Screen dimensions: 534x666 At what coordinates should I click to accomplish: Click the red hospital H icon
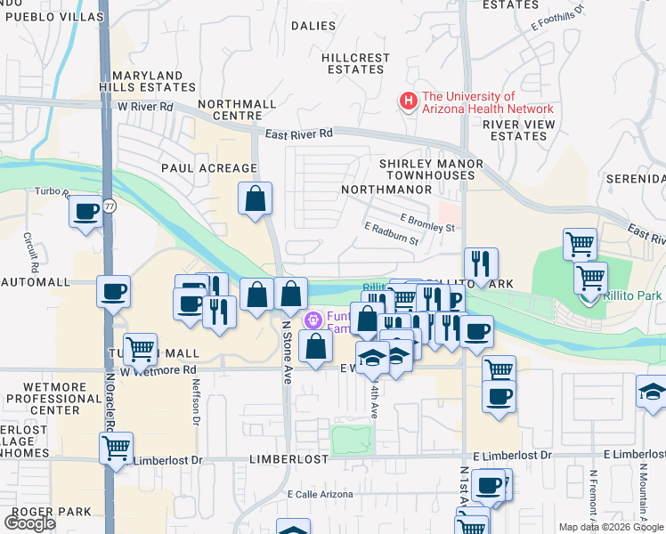(x=409, y=102)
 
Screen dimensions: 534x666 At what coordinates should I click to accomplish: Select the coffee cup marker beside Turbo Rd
(x=85, y=212)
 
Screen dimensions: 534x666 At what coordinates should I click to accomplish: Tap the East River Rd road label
(x=298, y=133)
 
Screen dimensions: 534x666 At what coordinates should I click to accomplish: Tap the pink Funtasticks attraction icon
(x=313, y=320)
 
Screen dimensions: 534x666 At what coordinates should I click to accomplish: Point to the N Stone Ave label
(x=287, y=352)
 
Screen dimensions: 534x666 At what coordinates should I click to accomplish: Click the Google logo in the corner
(x=29, y=523)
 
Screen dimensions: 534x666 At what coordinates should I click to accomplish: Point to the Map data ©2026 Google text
(x=611, y=527)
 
